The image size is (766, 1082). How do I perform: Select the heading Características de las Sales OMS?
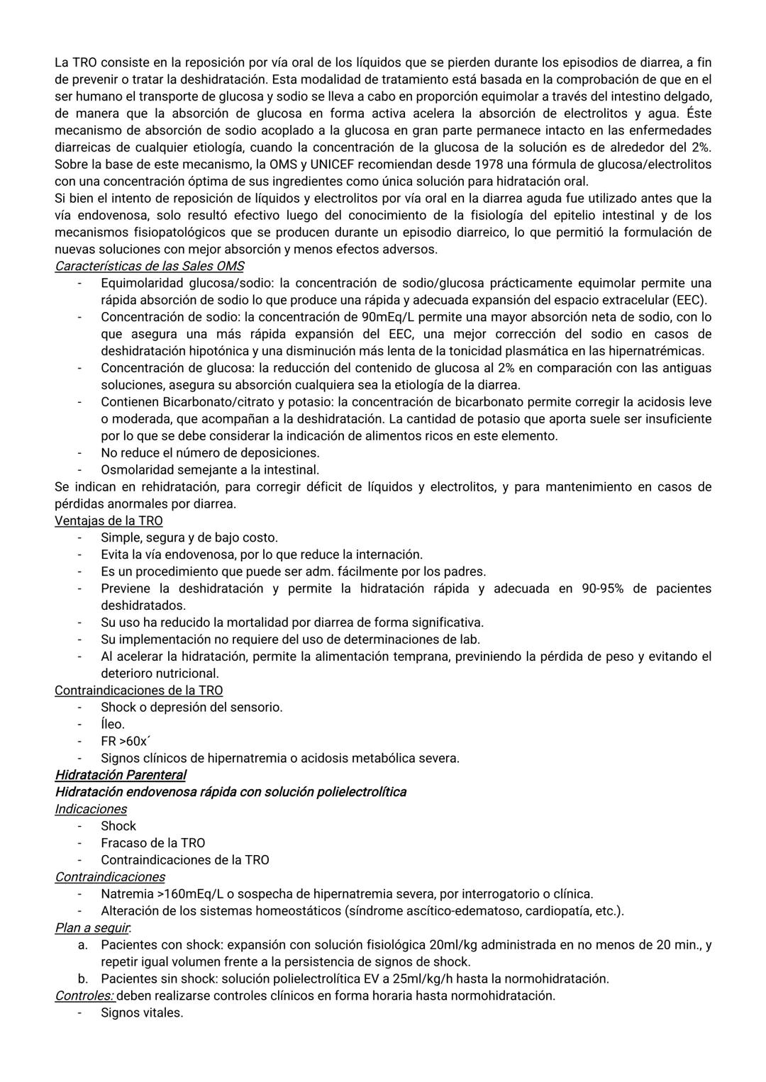[x=149, y=267]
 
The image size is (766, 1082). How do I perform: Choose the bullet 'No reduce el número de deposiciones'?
[x=210, y=452]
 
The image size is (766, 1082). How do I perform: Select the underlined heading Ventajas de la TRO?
[x=109, y=520]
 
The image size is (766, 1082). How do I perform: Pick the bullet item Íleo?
[x=113, y=724]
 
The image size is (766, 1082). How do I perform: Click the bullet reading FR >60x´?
[x=124, y=741]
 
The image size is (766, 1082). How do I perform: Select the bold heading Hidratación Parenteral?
[x=121, y=775]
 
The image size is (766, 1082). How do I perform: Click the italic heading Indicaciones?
[x=91, y=809]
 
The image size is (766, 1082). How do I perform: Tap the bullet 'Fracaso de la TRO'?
[x=152, y=843]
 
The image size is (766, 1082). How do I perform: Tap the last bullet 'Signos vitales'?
[x=142, y=1013]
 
